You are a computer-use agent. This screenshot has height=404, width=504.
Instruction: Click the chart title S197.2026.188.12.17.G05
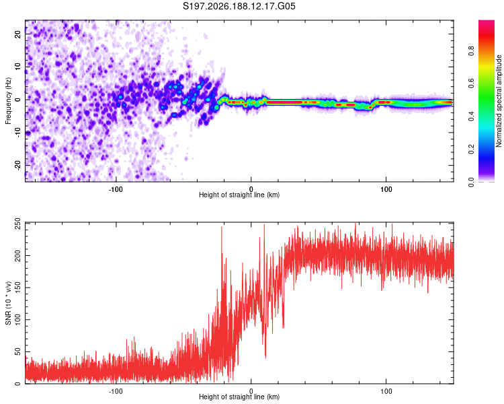(239, 6)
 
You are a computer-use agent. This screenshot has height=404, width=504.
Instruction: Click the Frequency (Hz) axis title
(8, 101)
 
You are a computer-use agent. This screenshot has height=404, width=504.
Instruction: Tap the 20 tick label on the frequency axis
(17, 34)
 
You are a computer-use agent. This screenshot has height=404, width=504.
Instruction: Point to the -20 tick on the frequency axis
(17, 165)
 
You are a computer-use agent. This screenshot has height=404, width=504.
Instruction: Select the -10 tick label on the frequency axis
(17, 133)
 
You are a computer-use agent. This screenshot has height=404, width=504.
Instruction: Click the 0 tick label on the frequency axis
(17, 100)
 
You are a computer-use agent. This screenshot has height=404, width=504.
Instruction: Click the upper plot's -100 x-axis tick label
(116, 189)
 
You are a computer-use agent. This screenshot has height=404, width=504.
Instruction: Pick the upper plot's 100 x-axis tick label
(386, 189)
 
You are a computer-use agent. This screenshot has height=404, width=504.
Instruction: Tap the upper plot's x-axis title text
(239, 195)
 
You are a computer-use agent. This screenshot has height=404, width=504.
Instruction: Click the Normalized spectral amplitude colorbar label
(499, 101)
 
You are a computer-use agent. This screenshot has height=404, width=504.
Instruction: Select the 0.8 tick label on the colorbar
(471, 51)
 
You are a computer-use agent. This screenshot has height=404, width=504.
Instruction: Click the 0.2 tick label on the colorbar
(471, 149)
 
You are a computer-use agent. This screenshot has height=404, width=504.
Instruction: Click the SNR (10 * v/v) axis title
(8, 303)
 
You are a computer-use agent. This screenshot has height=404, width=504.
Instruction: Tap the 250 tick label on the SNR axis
(17, 224)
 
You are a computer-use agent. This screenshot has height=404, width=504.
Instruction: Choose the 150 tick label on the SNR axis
(17, 288)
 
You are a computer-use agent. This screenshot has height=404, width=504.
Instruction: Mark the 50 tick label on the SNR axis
(17, 351)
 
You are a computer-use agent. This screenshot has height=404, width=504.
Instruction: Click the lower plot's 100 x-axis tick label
(386, 391)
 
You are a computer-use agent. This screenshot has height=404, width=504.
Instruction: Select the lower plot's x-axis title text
(239, 397)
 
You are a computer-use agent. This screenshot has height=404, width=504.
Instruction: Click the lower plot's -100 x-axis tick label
(116, 391)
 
